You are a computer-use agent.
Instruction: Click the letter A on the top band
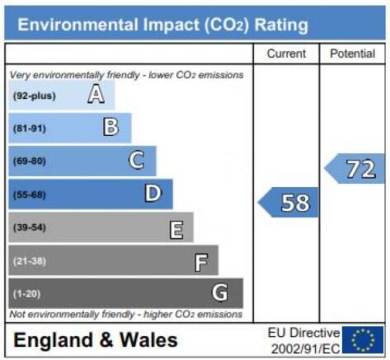coord(96,94)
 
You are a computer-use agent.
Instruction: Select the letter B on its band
coord(111,127)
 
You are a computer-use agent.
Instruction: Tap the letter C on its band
coord(137,160)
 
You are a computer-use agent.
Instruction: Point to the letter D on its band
coord(153,193)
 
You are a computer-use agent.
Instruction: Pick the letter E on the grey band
coord(176,230)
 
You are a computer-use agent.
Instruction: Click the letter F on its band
coord(201,263)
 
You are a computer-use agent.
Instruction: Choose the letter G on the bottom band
coord(220,292)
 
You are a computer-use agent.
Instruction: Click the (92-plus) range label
coord(35,96)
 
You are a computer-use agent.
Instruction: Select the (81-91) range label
coord(30,129)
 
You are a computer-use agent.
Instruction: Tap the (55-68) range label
coord(30,194)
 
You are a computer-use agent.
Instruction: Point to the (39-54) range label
coord(30,227)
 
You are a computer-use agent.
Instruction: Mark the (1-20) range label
coord(27,294)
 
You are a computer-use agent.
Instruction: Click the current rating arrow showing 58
coord(289,203)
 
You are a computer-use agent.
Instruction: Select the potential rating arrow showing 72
coord(355,168)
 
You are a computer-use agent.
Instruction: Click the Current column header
coord(286,54)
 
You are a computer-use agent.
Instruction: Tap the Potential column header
coord(353,54)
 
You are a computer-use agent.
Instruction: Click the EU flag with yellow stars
coord(363,339)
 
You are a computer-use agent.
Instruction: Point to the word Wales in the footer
coord(148,340)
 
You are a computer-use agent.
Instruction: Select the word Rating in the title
coord(281,26)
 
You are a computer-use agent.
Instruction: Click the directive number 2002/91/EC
coord(306,349)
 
